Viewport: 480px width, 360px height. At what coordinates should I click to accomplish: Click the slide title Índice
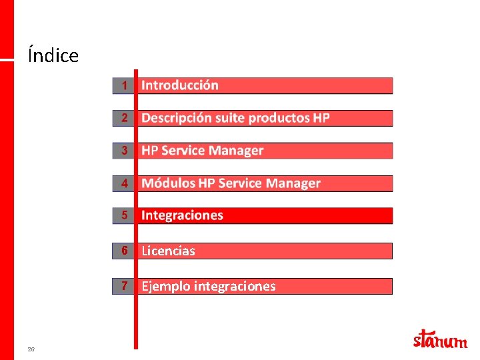tap(53, 55)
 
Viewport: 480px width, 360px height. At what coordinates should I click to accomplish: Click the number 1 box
tap(124, 85)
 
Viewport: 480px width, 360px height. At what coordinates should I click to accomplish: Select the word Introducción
tap(180, 85)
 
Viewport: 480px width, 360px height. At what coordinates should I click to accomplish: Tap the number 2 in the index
tap(124, 118)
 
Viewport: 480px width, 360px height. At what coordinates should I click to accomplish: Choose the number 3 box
tap(124, 151)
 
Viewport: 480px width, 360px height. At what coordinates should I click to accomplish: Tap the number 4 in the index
tap(124, 183)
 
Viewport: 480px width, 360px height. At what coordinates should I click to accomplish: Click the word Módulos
tap(169, 183)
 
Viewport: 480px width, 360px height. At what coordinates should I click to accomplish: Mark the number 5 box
tap(124, 215)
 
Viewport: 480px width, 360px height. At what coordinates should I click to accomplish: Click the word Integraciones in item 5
tap(182, 215)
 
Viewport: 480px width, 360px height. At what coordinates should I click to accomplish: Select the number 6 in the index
tap(124, 251)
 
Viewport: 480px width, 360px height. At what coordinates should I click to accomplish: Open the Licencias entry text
tap(168, 251)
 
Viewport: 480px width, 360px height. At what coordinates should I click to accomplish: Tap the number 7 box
tap(124, 286)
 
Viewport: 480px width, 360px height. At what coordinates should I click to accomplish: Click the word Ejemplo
tap(166, 287)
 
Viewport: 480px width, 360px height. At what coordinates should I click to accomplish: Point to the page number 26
tap(31, 349)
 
